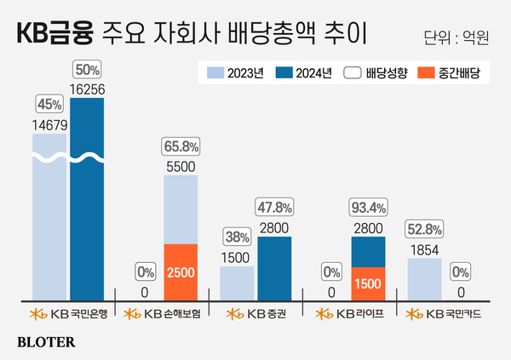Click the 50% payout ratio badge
tap(87, 68)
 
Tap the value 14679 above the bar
tap(49, 125)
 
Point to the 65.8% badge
tap(181, 146)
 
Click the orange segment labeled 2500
tap(181, 271)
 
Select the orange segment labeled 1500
tap(368, 282)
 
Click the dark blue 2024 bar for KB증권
tap(274, 267)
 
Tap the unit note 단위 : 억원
tap(456, 38)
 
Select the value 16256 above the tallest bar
tap(87, 87)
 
